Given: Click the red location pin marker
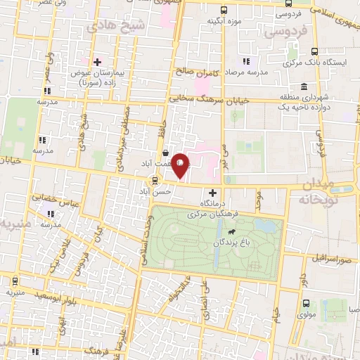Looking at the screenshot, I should [181, 165].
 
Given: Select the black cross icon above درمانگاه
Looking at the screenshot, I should [213, 192].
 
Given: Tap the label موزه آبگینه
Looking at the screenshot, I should [224, 21].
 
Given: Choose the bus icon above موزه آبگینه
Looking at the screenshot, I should [224, 11].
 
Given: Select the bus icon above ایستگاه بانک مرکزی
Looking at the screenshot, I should [314, 51].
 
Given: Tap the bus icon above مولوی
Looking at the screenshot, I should [305, 303].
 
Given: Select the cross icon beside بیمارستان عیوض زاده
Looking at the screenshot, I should [98, 62].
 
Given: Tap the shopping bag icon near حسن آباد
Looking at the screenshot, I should [165, 152].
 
